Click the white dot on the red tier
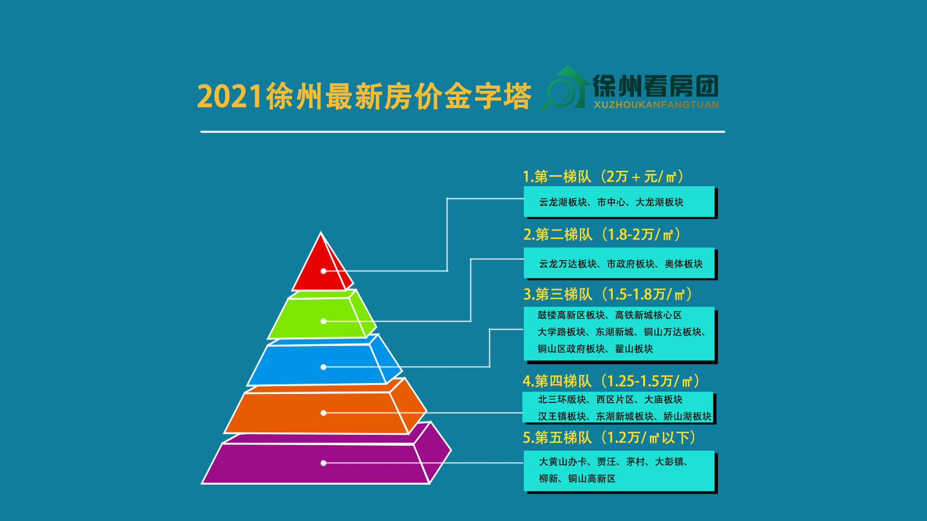[323, 271]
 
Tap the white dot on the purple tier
[323, 463]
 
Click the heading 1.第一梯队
[557, 177]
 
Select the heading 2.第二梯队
[558, 234]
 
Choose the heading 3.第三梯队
[558, 294]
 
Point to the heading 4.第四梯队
[557, 381]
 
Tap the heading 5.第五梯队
[557, 438]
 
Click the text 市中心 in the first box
[611, 202]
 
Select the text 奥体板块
[684, 264]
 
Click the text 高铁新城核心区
[648, 315]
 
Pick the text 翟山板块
[634, 349]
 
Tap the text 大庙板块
[663, 399]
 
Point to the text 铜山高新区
[592, 479]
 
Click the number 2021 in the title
[230, 96]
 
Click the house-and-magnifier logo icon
[565, 88]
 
